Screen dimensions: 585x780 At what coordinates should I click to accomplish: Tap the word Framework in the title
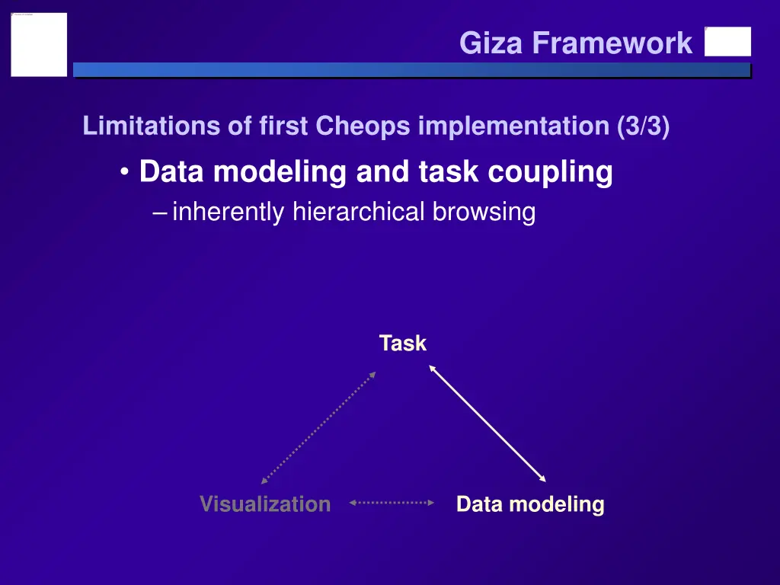click(612, 43)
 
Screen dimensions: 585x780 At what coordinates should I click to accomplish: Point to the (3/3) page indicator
click(644, 126)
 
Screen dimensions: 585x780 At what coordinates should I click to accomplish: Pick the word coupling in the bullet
click(550, 172)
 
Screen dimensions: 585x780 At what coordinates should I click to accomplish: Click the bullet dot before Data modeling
click(124, 173)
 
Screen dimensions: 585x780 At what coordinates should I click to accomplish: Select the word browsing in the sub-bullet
click(484, 213)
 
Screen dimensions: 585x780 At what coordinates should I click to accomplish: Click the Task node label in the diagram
click(403, 344)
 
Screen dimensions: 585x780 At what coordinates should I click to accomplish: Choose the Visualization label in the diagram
click(265, 504)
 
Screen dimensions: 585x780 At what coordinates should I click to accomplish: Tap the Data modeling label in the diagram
click(530, 504)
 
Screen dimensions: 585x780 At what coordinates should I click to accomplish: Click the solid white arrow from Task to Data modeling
click(487, 424)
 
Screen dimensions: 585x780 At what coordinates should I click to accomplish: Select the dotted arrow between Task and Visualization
click(318, 427)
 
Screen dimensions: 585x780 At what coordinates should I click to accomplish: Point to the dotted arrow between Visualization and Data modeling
click(392, 503)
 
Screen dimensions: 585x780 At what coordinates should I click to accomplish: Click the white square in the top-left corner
click(39, 44)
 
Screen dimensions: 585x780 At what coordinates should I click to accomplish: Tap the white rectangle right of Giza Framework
click(727, 42)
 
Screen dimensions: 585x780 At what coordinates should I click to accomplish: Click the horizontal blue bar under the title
click(411, 70)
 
